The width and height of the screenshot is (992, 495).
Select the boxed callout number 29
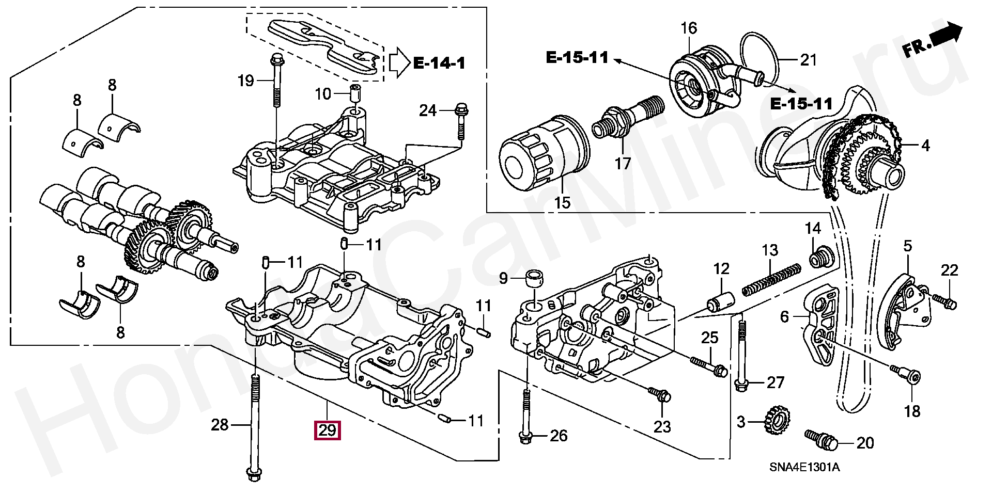coord(328,430)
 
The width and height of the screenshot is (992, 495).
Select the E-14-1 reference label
coord(439,63)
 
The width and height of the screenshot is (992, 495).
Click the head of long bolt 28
coord(253,474)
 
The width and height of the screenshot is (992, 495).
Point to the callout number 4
coord(925,146)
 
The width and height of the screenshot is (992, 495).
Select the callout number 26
coord(558,436)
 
